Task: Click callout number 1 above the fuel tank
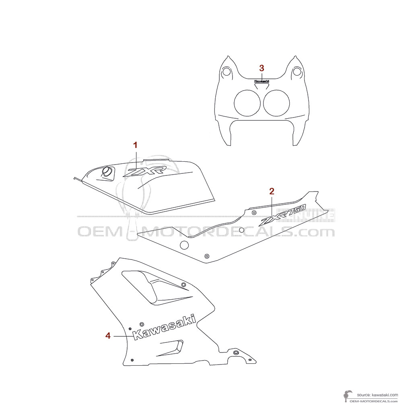136,145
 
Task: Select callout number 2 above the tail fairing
272,191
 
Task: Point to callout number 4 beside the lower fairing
108,336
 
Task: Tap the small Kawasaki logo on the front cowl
262,81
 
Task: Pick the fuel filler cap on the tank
107,172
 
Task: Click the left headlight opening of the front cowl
247,103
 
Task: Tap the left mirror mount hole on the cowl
227,72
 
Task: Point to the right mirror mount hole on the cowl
297,72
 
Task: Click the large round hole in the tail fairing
184,245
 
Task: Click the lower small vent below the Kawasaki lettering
171,348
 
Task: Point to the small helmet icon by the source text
347,396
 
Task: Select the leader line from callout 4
121,336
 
